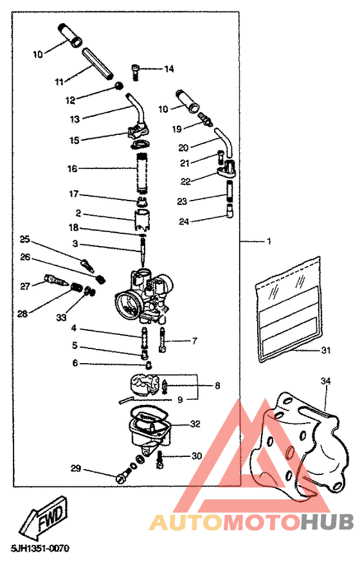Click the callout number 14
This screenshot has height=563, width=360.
pyautogui.click(x=169, y=69)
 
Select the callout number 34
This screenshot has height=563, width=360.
pyautogui.click(x=326, y=382)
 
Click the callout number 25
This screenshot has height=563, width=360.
pyautogui.click(x=25, y=239)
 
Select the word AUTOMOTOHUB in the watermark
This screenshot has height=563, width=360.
pyautogui.click(x=251, y=521)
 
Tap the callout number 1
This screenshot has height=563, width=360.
pyautogui.click(x=269, y=242)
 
